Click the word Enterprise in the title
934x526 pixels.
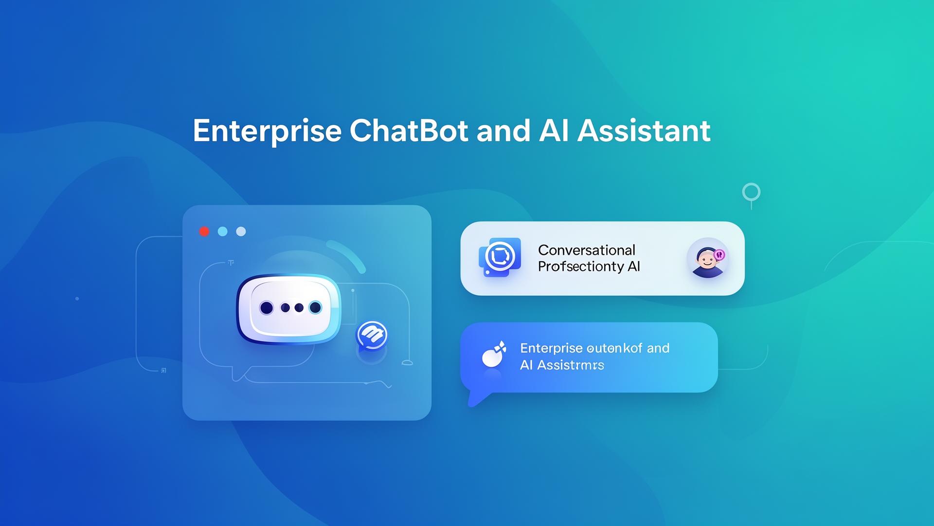point(267,131)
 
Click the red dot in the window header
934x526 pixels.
point(204,231)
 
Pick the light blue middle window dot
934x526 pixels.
point(223,231)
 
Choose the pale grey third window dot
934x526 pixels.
point(241,231)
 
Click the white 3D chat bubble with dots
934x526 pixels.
point(289,308)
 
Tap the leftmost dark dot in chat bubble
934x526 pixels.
point(266,308)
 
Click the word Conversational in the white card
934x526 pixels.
point(586,250)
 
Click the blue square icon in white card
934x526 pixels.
point(500,257)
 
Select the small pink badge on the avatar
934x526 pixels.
point(720,254)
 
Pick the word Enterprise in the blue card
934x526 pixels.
point(551,348)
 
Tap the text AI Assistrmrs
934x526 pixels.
point(562,365)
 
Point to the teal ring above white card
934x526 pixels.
point(751,192)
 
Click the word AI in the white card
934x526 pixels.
point(633,266)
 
